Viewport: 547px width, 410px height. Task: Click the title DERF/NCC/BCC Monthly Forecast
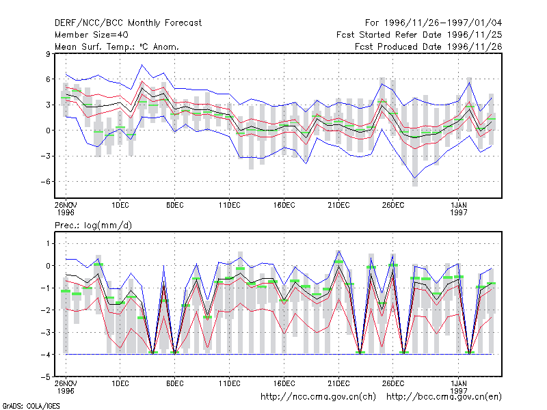tap(128, 23)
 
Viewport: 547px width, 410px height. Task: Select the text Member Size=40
tap(92, 35)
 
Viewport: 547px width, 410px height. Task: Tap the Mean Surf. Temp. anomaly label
tap(117, 46)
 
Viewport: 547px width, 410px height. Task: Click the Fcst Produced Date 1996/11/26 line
tap(429, 46)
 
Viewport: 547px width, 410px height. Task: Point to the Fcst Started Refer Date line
tap(419, 35)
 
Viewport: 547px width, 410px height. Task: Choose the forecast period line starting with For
tap(433, 23)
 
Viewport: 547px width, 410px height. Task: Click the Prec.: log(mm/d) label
tap(93, 225)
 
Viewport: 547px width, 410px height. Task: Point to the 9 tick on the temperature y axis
tap(48, 54)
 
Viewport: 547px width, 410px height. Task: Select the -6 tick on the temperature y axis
tap(46, 182)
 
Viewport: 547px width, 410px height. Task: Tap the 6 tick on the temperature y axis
tap(48, 79)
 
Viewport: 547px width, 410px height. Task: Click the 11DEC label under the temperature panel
tap(230, 206)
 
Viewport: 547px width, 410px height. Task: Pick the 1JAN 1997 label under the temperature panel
tap(458, 209)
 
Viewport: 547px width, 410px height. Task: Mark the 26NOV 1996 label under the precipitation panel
tap(66, 387)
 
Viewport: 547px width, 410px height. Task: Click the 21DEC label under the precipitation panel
tap(338, 383)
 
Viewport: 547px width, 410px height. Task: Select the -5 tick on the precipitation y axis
tap(46, 377)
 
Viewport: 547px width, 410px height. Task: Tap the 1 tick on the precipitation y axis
tap(48, 243)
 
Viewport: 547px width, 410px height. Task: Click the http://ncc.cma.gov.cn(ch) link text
tap(318, 397)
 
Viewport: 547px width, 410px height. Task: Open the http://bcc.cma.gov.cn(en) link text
tap(444, 397)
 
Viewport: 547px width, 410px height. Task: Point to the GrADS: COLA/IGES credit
tap(31, 406)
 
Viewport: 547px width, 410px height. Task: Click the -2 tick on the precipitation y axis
tap(46, 310)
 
